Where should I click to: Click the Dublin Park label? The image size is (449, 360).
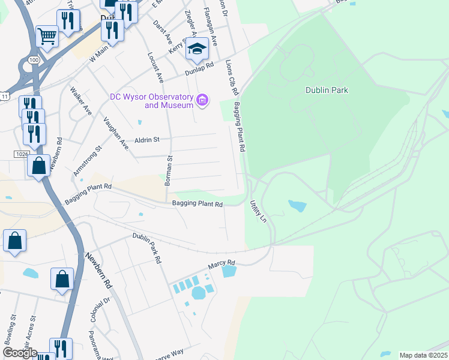pos(327,91)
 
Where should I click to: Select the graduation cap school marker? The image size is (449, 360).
pos(196,50)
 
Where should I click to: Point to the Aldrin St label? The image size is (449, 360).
pos(147,140)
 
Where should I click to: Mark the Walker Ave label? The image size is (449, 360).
pos(80,101)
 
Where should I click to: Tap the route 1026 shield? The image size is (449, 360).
pos(20,154)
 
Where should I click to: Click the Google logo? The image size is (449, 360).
pos(19,353)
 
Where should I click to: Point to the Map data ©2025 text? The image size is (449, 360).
pos(423,355)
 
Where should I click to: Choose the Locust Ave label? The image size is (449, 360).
pos(155,67)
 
